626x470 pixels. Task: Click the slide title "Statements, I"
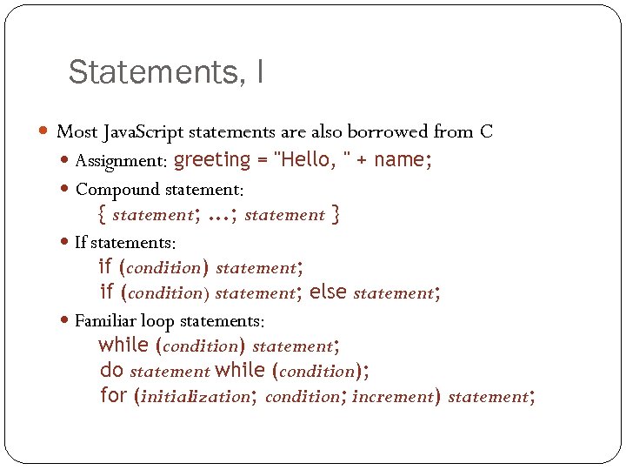[x=165, y=72]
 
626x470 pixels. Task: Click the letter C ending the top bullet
[x=486, y=132]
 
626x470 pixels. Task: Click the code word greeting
[x=212, y=160]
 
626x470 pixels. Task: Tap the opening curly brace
[x=103, y=213]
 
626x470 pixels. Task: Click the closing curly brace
[x=336, y=213]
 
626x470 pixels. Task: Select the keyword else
[x=328, y=292]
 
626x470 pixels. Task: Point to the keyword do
[x=111, y=370]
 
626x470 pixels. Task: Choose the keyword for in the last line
[x=113, y=396]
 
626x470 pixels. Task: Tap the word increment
[x=392, y=396]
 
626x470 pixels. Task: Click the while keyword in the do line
[x=240, y=370]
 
